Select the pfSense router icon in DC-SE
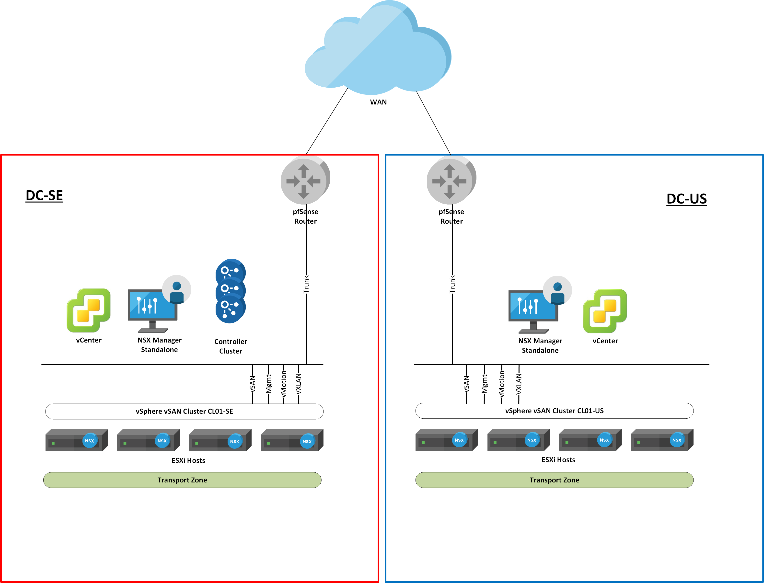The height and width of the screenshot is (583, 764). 305,181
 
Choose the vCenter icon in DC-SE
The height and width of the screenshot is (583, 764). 89,310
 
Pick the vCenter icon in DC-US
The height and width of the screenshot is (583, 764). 605,311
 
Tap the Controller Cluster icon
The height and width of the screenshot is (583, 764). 231,291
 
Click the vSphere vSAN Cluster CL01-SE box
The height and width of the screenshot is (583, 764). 184,412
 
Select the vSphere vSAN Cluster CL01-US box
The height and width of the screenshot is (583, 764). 554,411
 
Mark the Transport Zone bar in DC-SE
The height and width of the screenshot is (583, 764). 182,480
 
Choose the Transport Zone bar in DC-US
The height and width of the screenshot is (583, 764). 554,480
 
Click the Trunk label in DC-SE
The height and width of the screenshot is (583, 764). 306,284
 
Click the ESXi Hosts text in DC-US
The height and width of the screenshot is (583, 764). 558,460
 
